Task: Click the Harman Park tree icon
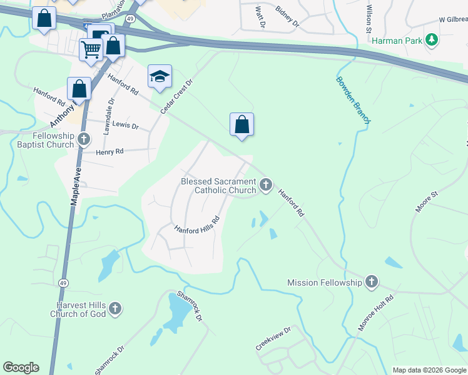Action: point(431,41)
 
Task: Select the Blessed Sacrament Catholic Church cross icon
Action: point(266,184)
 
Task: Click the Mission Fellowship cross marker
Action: point(372,282)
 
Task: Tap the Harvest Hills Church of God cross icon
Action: point(114,308)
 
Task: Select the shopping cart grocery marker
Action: point(91,49)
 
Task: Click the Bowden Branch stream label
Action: point(354,100)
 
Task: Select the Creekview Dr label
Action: point(273,339)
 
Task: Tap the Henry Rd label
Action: point(109,151)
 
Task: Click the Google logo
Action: point(21,367)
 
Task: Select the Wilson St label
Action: point(369,14)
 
